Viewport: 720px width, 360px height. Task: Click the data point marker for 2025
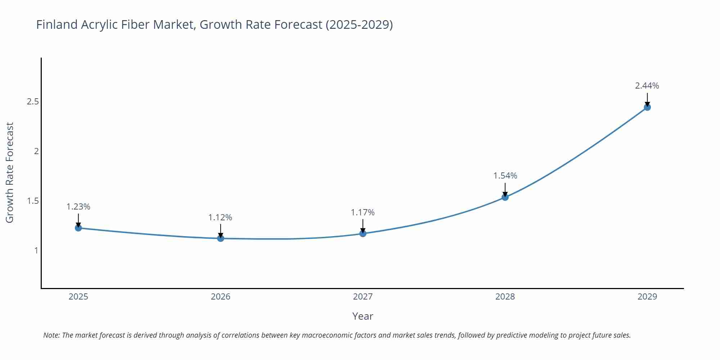pyautogui.click(x=78, y=228)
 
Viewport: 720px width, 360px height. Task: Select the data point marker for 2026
pyautogui.click(x=221, y=238)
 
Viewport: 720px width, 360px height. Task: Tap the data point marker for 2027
pyautogui.click(x=363, y=234)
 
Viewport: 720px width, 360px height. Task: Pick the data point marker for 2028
pyautogui.click(x=505, y=197)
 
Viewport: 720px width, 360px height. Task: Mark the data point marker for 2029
pyautogui.click(x=647, y=107)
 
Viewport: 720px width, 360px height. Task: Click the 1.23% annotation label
pyautogui.click(x=78, y=207)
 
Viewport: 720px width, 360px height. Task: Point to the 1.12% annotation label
pyautogui.click(x=220, y=217)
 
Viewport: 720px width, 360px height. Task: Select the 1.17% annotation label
pyautogui.click(x=363, y=212)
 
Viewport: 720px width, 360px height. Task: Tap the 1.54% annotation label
pyautogui.click(x=505, y=176)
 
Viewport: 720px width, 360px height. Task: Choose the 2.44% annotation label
pyautogui.click(x=647, y=86)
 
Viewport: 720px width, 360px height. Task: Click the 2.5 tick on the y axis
pyautogui.click(x=33, y=102)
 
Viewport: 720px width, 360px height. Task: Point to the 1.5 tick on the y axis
pyautogui.click(x=33, y=201)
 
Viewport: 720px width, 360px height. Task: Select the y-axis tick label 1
pyautogui.click(x=36, y=251)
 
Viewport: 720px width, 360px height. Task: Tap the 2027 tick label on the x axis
pyautogui.click(x=363, y=297)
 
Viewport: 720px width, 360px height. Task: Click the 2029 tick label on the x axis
pyautogui.click(x=647, y=297)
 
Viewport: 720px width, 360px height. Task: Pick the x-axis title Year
pyautogui.click(x=363, y=316)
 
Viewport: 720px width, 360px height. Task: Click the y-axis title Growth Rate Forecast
pyautogui.click(x=10, y=172)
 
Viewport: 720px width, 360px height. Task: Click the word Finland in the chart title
pyautogui.click(x=57, y=24)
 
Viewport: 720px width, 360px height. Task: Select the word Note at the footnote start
pyautogui.click(x=51, y=335)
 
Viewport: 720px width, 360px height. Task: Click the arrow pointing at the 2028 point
pyautogui.click(x=505, y=189)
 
